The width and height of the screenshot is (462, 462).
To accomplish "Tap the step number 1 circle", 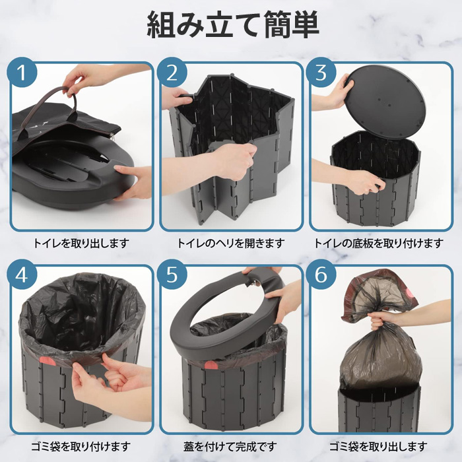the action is pos(22,73).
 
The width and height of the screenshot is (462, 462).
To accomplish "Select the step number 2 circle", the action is pos(172,73).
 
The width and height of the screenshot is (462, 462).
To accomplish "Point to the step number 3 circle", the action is pos(321,73).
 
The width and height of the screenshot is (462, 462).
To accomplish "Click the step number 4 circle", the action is pos(22,275).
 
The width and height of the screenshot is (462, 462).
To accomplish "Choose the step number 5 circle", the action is pos(172,275).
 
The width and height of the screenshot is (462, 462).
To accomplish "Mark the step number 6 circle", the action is pos(321,275).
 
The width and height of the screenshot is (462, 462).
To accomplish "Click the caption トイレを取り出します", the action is pos(81,243).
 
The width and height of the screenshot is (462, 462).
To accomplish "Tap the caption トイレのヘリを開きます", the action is pos(231,243).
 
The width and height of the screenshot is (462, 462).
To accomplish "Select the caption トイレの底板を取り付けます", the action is pos(379,243).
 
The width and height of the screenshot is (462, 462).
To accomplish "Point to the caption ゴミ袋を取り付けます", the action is pos(81,446).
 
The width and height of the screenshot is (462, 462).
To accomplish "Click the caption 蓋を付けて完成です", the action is pos(231,446).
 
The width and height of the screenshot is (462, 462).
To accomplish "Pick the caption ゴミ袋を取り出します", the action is pos(379,446).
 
